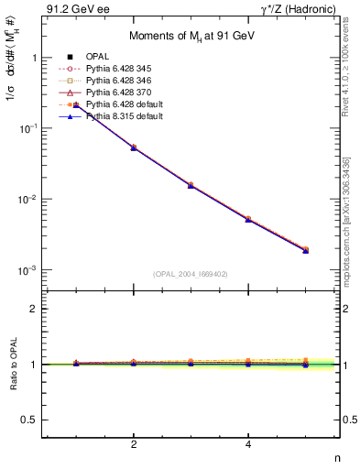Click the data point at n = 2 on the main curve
(134, 147)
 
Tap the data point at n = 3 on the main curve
(191, 185)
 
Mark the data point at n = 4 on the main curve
(248, 219)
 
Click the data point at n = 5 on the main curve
(305, 249)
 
